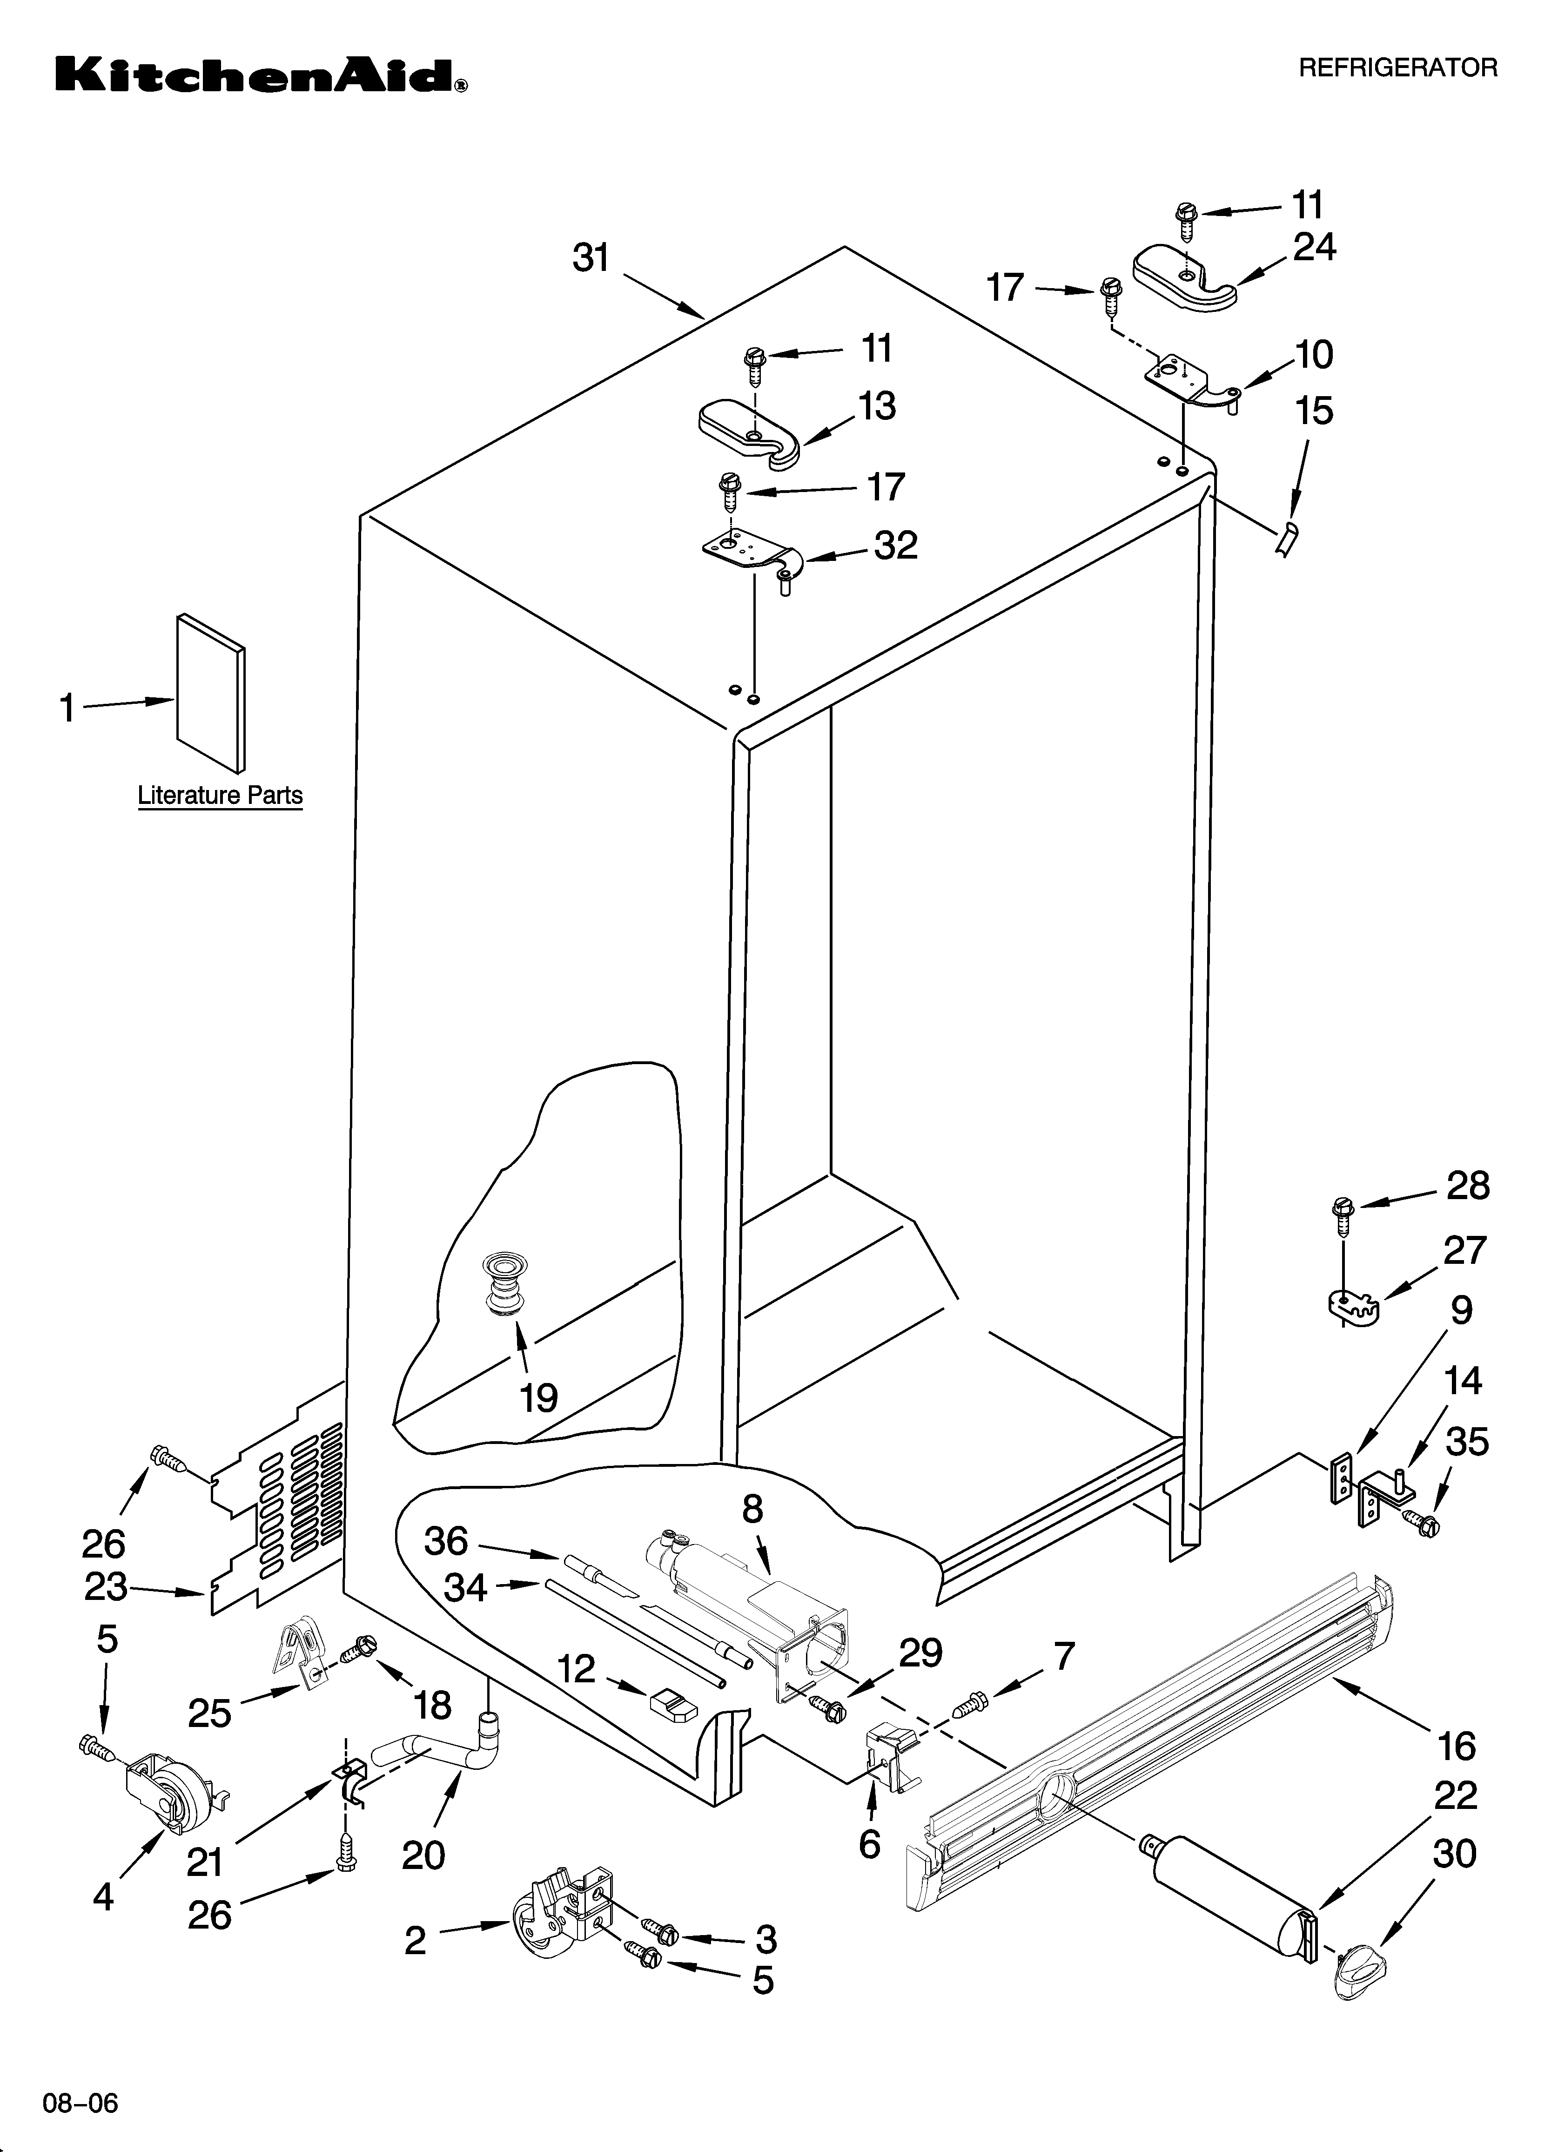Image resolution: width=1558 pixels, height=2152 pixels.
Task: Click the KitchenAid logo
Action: tap(261, 74)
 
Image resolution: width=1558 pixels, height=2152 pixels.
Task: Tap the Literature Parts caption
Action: tap(220, 795)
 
